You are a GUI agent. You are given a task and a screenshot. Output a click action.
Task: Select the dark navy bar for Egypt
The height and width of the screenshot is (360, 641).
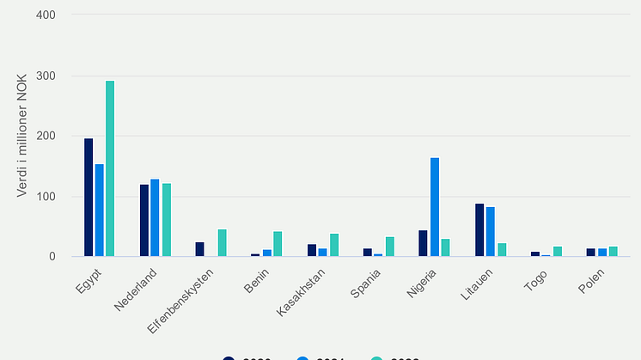89,198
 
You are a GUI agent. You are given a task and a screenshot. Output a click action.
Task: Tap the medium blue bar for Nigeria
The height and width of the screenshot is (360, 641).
434,207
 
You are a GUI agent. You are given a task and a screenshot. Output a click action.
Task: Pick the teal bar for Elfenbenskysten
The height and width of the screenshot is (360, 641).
222,243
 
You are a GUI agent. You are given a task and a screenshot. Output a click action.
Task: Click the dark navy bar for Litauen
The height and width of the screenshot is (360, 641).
479,230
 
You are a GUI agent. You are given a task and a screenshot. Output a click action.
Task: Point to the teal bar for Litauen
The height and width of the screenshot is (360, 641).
502,250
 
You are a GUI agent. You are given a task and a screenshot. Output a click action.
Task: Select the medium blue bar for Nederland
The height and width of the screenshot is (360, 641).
155,218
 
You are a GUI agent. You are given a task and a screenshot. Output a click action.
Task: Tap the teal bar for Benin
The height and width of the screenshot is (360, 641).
278,244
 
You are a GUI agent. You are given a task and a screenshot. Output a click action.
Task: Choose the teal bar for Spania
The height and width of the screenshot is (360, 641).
389,247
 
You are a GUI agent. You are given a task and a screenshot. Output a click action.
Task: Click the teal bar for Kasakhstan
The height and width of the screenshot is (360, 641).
334,245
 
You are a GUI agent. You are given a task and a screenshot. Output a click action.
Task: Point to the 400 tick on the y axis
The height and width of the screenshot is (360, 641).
46,15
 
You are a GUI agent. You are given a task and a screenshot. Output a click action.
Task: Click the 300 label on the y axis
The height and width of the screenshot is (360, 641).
46,76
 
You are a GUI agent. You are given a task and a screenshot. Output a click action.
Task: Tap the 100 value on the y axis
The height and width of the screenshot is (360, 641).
46,197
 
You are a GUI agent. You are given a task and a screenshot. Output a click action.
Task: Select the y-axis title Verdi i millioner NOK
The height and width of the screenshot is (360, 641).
22,137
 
